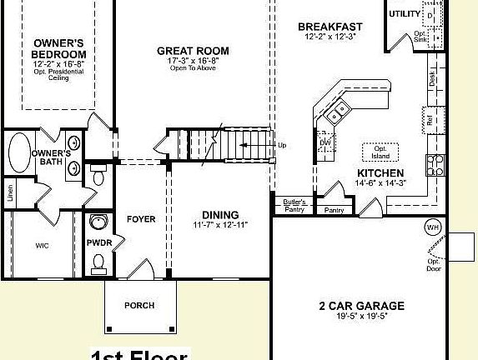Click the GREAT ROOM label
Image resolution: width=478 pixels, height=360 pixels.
193,51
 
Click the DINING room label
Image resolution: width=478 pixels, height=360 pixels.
220,214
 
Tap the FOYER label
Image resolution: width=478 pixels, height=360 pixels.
141,219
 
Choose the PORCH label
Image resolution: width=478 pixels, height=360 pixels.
139,306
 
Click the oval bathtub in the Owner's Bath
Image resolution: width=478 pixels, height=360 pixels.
18,156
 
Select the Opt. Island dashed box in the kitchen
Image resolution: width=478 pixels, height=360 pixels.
380,152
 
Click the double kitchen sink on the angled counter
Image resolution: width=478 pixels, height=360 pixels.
339,110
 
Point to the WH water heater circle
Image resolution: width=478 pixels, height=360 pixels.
433,227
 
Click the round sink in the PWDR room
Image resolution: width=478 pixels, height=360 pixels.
99,223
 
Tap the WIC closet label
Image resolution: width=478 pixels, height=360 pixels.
42,246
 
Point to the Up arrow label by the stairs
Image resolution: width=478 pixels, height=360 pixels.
281,145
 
